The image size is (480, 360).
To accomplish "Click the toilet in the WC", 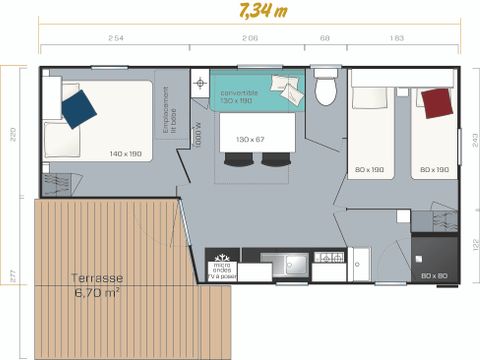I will [325, 91].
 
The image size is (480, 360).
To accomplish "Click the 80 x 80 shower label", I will [433, 275].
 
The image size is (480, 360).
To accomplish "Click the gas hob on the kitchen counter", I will [328, 258].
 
